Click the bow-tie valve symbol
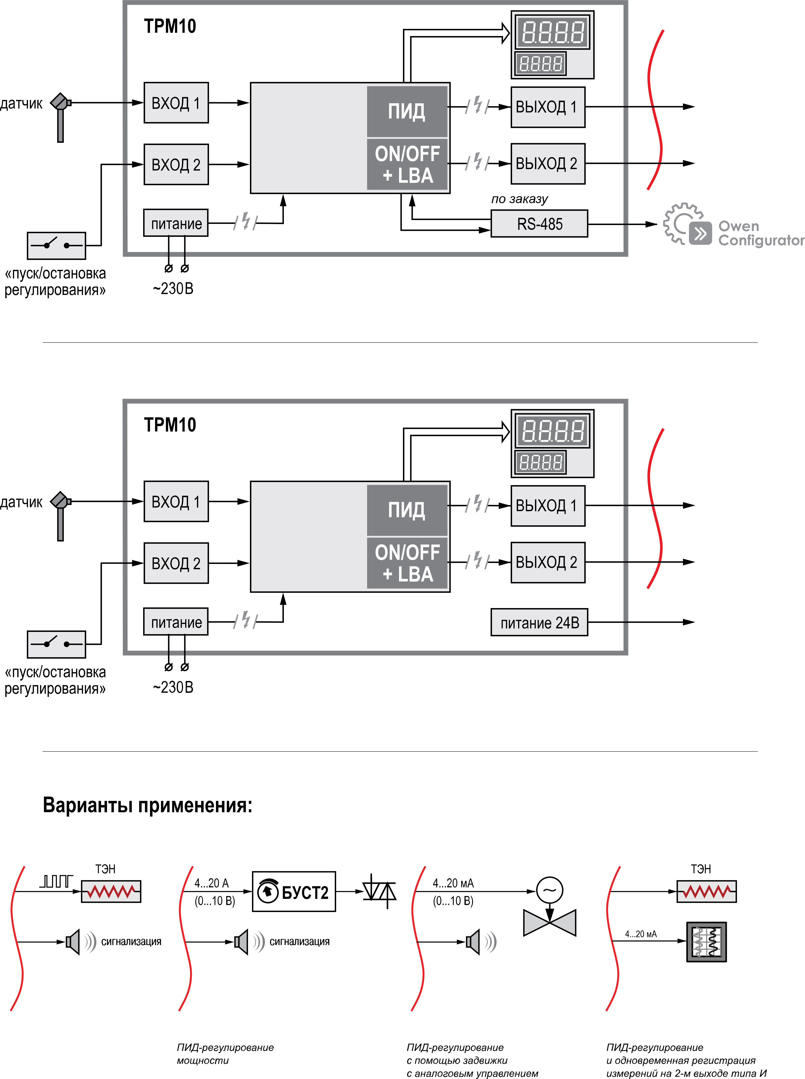pos(549,922)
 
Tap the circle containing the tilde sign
pos(550,890)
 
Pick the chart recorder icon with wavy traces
pos(707,942)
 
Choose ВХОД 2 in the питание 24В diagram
pos(176,563)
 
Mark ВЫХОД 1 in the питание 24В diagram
pos(548,506)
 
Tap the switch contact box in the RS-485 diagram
pos(56,246)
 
